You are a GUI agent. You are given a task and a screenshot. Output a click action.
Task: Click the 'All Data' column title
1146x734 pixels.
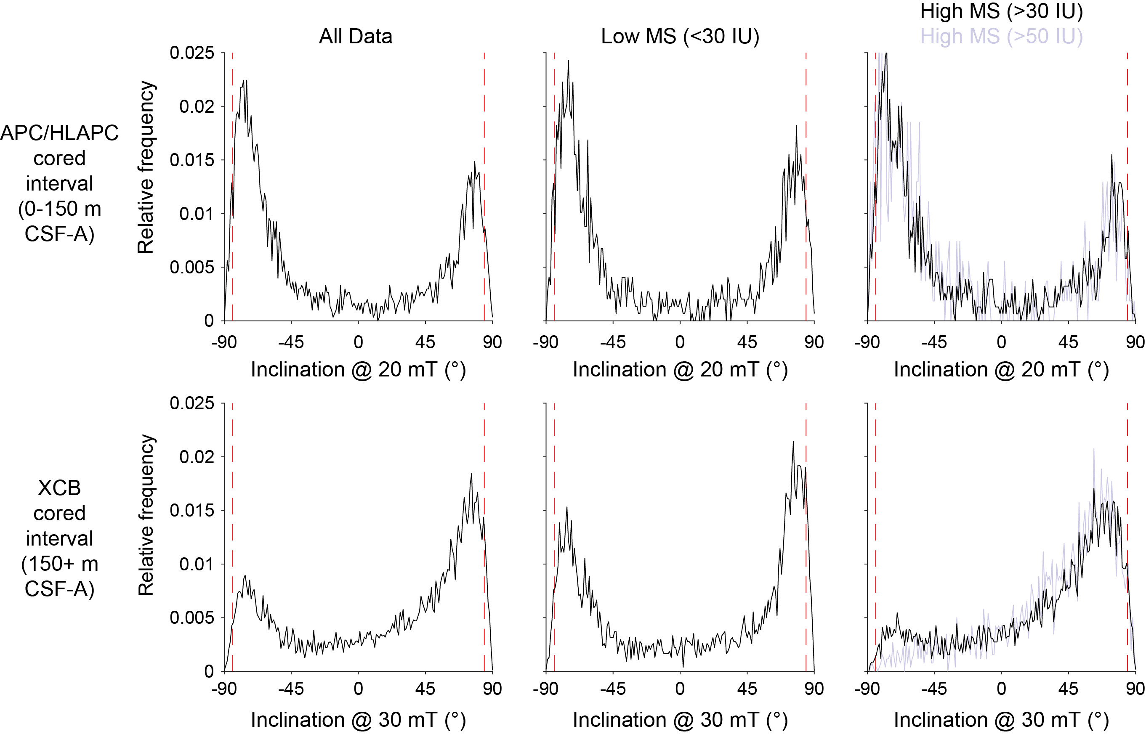click(355, 36)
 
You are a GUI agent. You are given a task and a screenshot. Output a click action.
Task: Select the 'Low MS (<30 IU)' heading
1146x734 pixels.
click(680, 36)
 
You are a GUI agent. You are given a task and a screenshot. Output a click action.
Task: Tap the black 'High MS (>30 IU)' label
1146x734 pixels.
click(1001, 11)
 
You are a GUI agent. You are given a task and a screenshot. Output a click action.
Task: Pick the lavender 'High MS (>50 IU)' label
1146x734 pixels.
click(1001, 36)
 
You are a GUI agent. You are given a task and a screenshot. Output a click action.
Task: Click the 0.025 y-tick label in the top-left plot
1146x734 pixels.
click(192, 53)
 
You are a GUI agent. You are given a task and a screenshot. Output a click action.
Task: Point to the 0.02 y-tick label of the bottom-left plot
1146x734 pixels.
click(197, 457)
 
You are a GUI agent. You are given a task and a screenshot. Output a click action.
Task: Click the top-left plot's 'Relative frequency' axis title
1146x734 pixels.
click(146, 167)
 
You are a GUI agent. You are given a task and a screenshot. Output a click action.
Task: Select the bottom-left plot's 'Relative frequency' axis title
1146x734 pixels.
click(146, 515)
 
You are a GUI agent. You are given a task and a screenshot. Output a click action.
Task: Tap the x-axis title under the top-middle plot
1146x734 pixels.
click(680, 369)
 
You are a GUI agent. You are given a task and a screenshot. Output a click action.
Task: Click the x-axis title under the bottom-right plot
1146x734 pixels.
click(1001, 720)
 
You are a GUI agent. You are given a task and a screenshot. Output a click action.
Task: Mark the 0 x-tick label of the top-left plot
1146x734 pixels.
click(358, 342)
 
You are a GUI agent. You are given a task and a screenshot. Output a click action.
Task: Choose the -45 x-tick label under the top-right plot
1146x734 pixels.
click(934, 342)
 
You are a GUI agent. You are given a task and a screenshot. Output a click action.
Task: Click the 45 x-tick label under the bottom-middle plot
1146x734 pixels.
click(747, 689)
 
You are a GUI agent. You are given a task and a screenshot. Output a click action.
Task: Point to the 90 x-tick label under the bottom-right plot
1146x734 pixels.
click(1135, 689)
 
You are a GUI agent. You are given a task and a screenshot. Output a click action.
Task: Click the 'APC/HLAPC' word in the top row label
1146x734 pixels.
click(59, 133)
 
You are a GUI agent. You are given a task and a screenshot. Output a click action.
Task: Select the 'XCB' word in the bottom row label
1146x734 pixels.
click(59, 488)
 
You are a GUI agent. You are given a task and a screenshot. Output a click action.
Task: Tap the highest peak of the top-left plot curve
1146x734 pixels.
click(246, 80)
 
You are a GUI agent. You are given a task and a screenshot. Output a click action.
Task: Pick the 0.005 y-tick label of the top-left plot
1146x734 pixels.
click(192, 268)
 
